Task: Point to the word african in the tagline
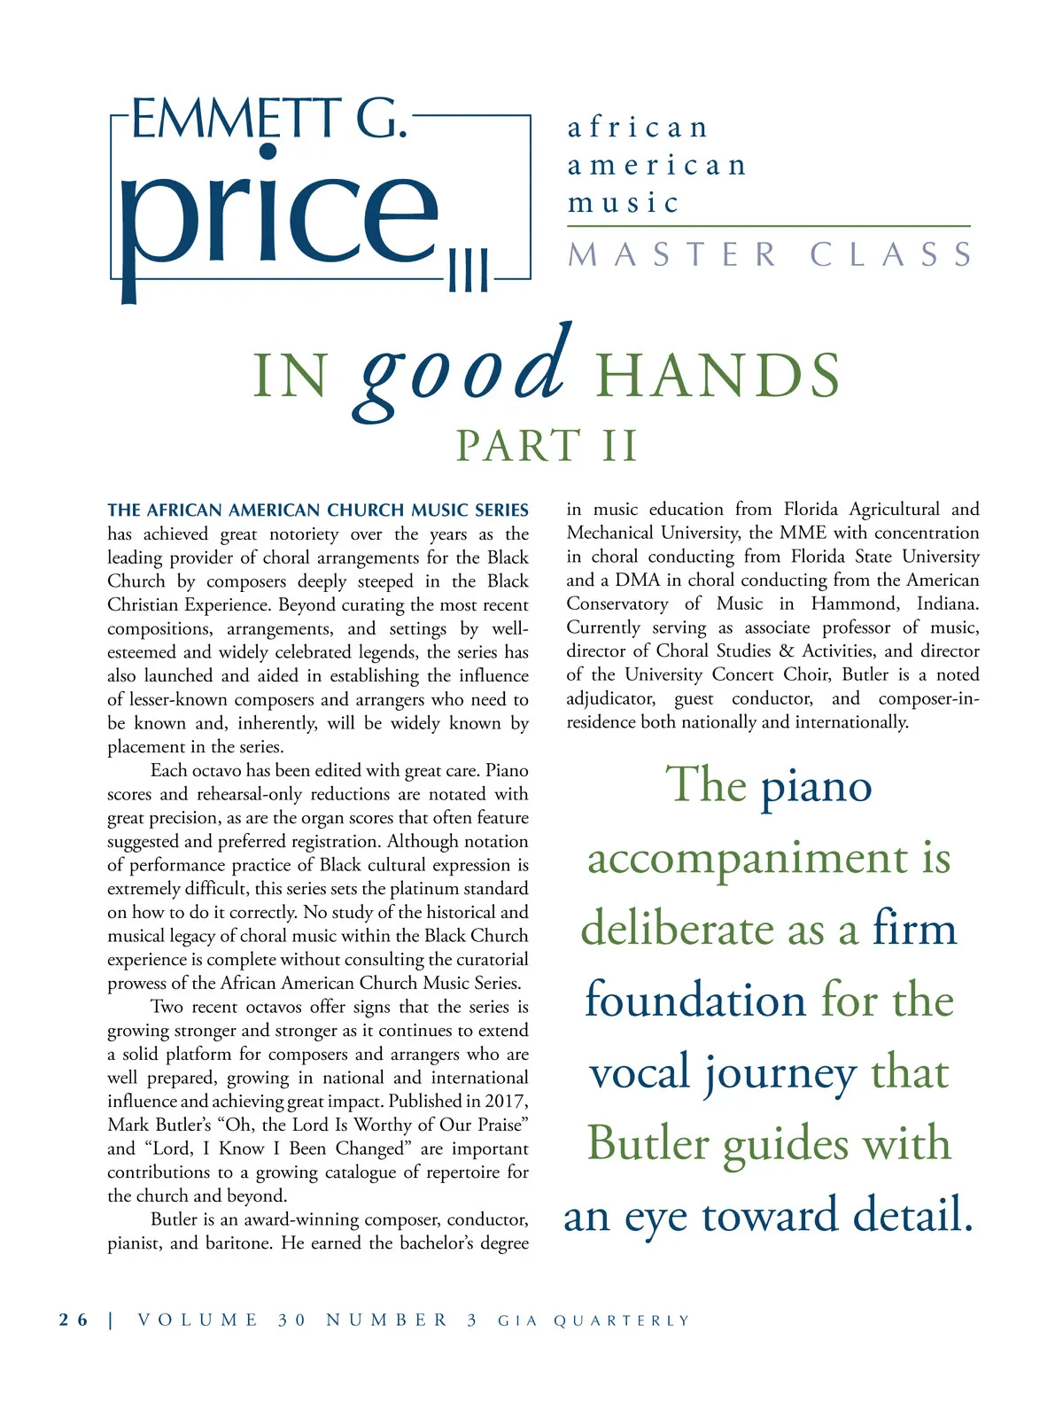click(x=638, y=128)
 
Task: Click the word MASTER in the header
click(x=672, y=255)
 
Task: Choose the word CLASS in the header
click(x=891, y=255)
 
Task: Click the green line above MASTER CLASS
click(x=769, y=227)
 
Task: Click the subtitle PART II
click(x=547, y=446)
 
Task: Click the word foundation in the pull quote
click(x=695, y=1001)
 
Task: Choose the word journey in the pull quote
click(x=780, y=1074)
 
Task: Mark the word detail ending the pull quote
click(x=912, y=1215)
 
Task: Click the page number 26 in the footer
click(x=74, y=1320)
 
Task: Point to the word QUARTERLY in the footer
click(x=621, y=1320)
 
